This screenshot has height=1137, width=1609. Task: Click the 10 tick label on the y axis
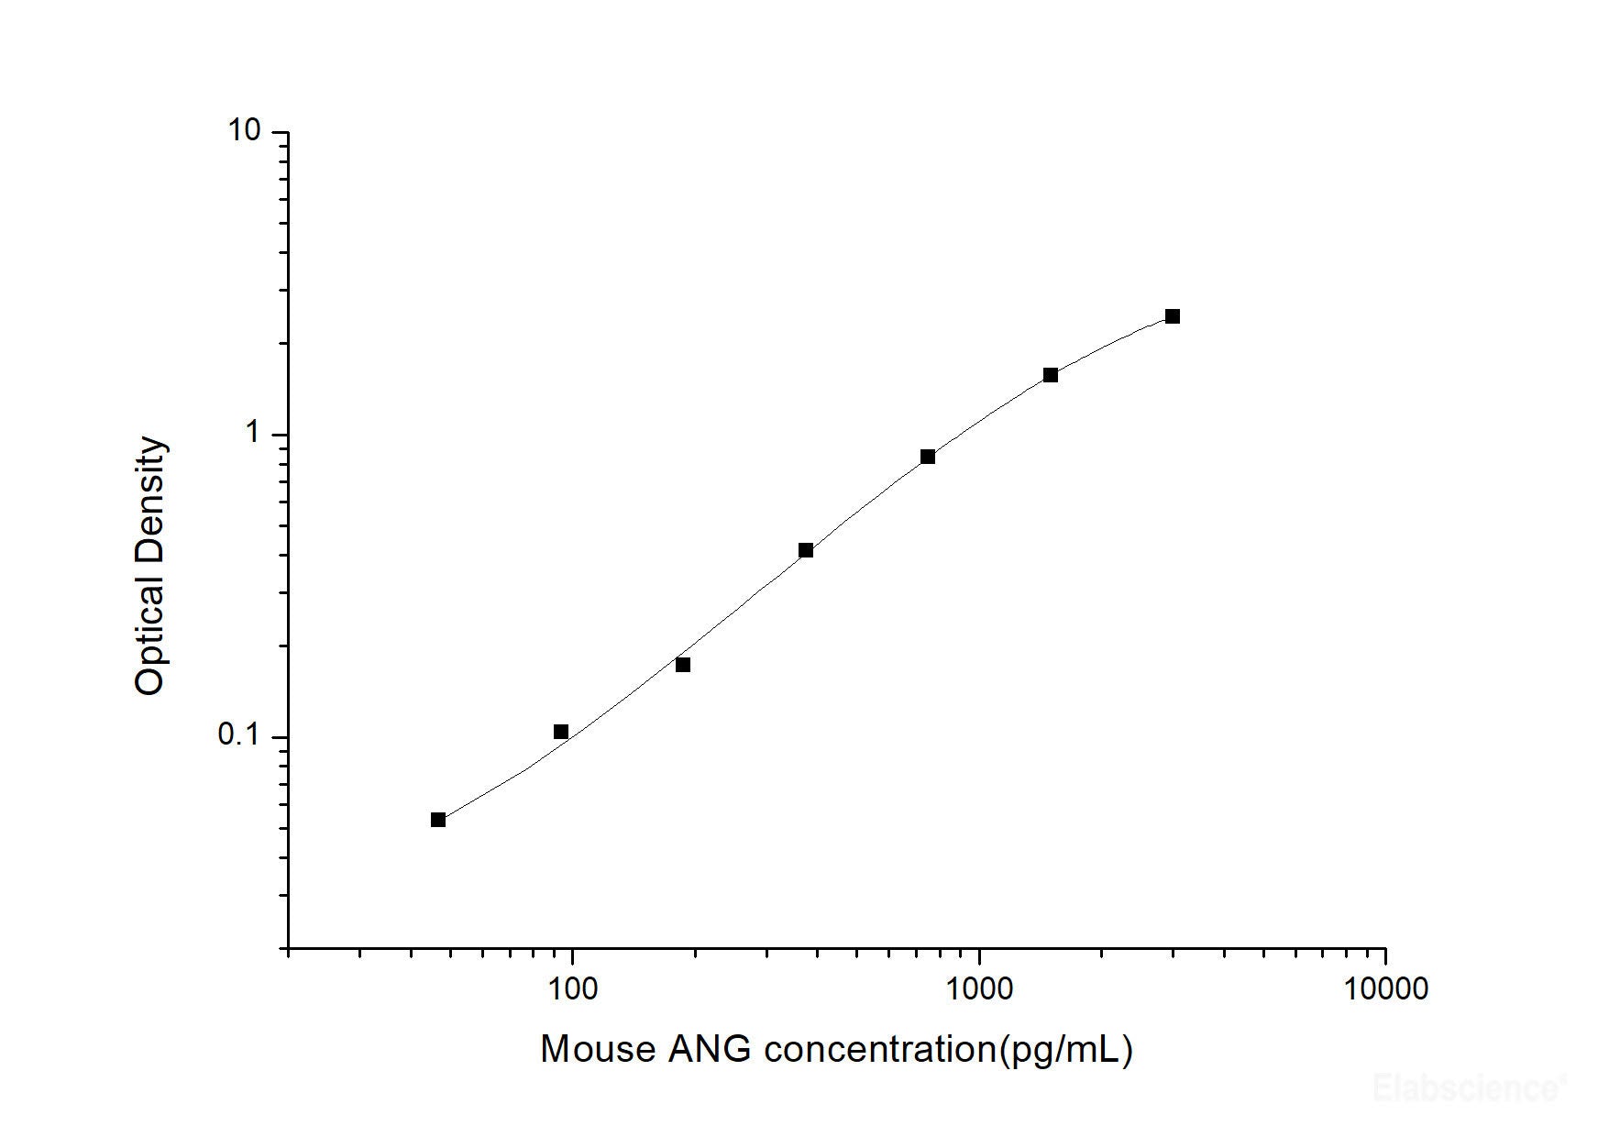click(244, 132)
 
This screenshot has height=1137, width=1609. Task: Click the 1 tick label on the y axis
click(253, 434)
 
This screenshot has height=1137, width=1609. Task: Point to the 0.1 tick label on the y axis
click(239, 735)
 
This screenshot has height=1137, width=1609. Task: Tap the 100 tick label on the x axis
click(572, 988)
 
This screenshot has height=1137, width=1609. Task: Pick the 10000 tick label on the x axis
click(1385, 988)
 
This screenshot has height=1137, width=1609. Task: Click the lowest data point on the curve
click(438, 820)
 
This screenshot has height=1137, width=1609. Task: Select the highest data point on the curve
click(1173, 316)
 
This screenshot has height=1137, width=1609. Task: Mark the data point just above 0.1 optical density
click(561, 732)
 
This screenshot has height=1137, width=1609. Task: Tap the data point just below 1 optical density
click(928, 457)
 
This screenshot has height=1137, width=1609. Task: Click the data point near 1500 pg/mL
click(1051, 375)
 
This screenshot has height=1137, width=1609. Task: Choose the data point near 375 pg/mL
click(806, 550)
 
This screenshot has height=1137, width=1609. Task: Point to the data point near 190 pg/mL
click(683, 665)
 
